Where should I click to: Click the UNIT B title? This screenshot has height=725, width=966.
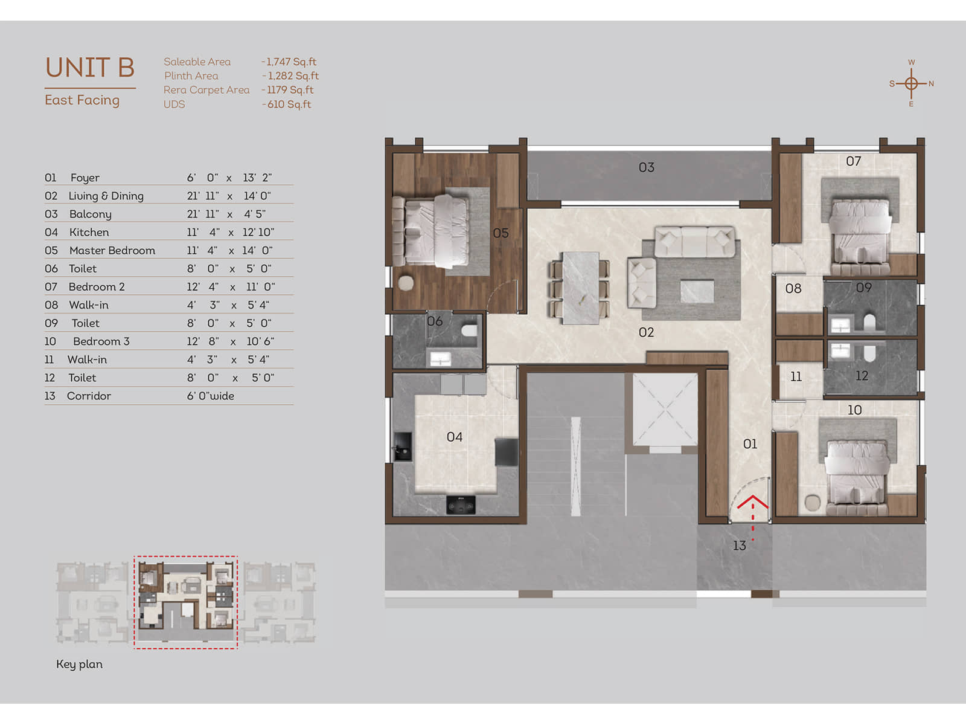tap(90, 67)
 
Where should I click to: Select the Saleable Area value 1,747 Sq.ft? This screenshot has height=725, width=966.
tap(290, 62)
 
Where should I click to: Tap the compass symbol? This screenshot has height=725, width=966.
tap(911, 83)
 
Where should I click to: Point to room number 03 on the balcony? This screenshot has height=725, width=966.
tap(647, 167)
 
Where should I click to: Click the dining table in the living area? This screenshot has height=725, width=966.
tap(580, 288)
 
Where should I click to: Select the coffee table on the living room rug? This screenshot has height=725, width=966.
tap(697, 291)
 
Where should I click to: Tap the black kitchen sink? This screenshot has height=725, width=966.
tap(403, 446)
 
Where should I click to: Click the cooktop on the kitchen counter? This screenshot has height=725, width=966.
tap(461, 504)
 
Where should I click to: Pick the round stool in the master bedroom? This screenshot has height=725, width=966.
tap(405, 283)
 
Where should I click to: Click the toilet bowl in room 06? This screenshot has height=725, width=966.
tap(470, 330)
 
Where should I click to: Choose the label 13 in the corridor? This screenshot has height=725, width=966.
tap(740, 546)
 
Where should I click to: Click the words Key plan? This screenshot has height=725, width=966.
tap(79, 664)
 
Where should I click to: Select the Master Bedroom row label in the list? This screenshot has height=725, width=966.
tap(112, 251)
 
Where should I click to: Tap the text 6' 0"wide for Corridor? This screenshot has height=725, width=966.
tap(210, 396)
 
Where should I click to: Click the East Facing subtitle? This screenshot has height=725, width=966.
tap(82, 100)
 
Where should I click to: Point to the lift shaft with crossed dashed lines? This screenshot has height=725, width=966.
tap(665, 410)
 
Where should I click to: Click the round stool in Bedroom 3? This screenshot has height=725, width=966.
tap(813, 503)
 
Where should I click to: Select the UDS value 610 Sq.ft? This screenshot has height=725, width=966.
tap(287, 105)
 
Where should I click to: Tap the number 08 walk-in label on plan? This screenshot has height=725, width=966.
tap(793, 289)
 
